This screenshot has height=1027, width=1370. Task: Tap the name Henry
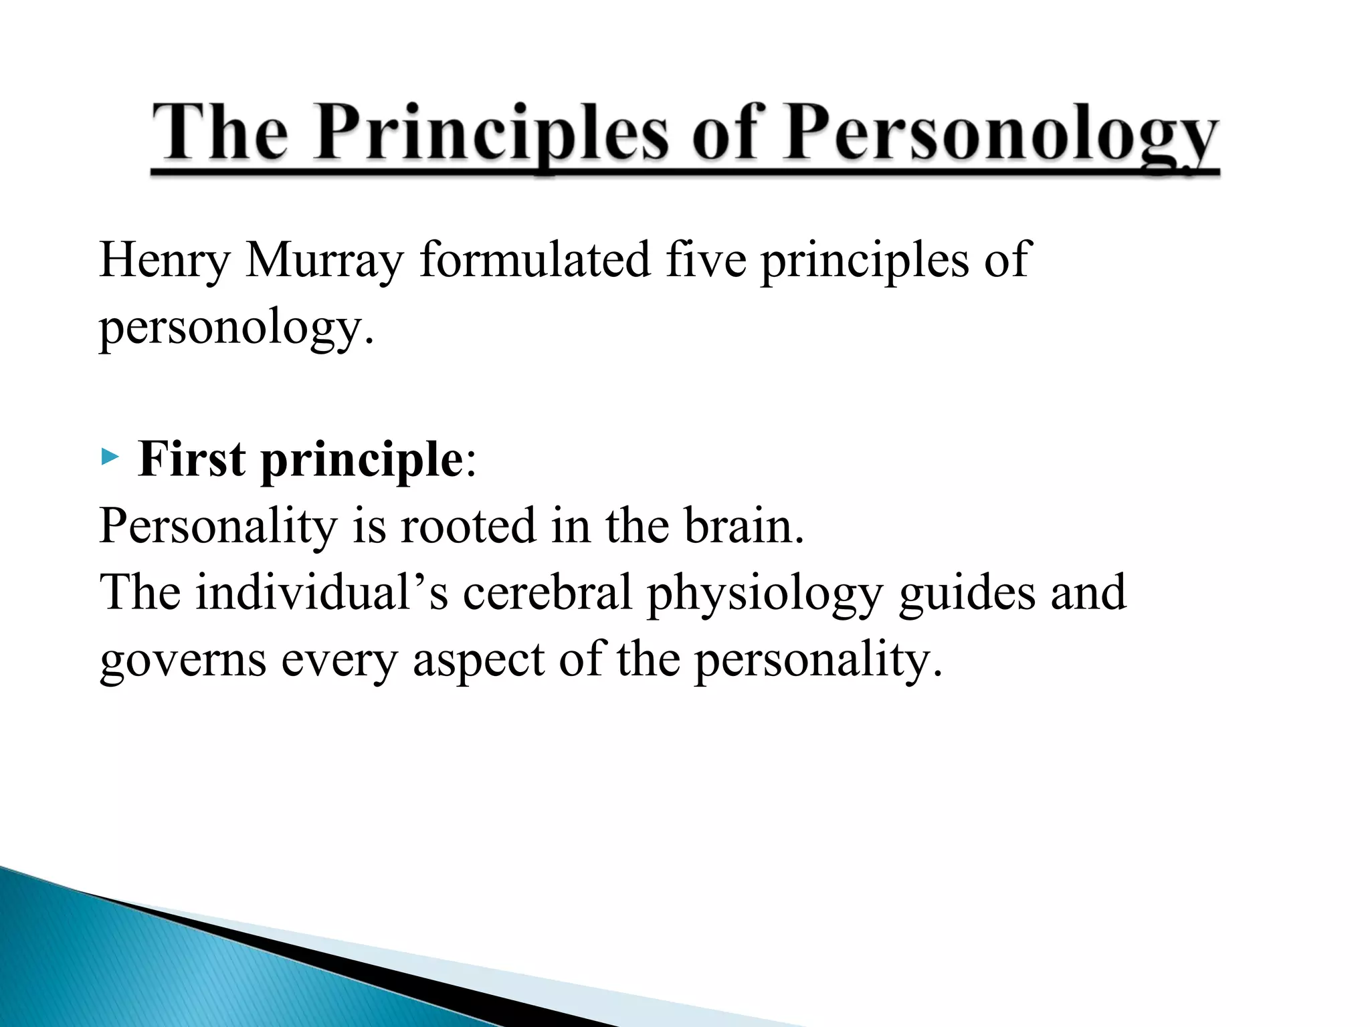point(165,260)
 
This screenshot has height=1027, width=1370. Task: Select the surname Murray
point(324,260)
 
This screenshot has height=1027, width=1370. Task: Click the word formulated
point(534,260)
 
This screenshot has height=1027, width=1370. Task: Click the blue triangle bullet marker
point(109,459)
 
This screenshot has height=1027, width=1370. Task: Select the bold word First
point(191,459)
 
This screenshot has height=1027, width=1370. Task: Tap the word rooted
point(468,526)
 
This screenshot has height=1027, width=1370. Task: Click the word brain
point(743,526)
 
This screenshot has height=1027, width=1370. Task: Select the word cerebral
point(547,593)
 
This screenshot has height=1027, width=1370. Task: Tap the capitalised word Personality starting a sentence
point(217,526)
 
